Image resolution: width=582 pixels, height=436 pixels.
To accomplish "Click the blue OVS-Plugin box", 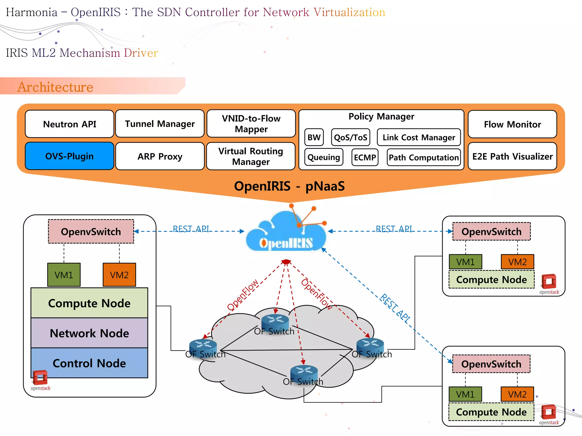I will [69, 156].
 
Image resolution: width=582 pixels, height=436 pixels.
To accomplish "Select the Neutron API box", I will [69, 124].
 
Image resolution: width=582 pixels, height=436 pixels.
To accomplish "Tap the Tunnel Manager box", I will [160, 124].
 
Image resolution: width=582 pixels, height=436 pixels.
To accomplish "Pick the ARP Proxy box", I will [160, 156].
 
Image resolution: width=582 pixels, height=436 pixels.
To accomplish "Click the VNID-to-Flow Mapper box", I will [251, 124].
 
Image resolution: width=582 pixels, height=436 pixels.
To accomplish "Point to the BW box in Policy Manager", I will [314, 137].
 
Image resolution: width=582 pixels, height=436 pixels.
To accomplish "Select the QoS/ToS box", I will [351, 137].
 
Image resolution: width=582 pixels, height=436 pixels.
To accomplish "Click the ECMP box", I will [365, 157].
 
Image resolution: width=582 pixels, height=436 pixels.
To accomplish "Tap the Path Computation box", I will [423, 157].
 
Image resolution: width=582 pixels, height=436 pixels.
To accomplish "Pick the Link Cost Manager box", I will [419, 137].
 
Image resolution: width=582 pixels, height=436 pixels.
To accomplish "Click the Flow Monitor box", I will [512, 124].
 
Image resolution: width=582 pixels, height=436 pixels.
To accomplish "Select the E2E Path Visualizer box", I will [512, 156].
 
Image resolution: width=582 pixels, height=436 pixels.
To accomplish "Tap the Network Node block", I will [89, 333].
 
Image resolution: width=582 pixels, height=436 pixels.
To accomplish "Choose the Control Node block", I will [89, 363].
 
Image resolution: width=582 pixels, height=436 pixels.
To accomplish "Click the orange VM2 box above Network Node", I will [119, 275].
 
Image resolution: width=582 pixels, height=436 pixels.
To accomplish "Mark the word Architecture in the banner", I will [55, 87].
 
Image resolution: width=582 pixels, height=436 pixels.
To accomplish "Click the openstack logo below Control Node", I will [40, 380].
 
